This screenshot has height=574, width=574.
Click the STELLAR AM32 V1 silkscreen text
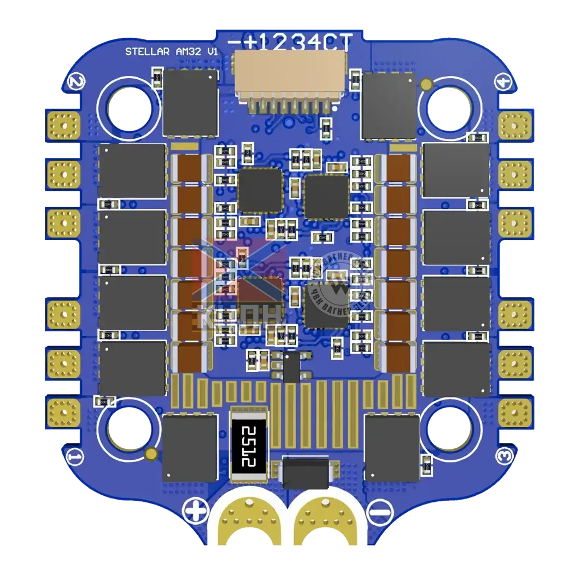point(171,52)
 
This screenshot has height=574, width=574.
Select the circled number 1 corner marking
point(75,455)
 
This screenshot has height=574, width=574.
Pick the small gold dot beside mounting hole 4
point(426,84)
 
